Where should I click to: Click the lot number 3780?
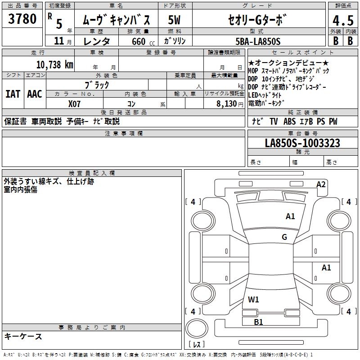coord(22,19)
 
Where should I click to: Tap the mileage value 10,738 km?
coord(53,65)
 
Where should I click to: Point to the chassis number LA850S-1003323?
coord(302,144)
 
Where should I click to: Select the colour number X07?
coord(75,103)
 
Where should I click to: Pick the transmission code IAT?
coord(13,94)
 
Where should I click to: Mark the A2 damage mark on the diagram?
coord(321,184)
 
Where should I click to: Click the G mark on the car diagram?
coord(284,237)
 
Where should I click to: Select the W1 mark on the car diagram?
coord(253,299)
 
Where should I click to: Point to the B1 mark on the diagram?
coord(258,322)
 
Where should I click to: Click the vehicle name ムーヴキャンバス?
coord(119,20)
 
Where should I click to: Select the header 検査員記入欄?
coord(92,173)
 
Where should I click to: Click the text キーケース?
coord(23,337)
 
